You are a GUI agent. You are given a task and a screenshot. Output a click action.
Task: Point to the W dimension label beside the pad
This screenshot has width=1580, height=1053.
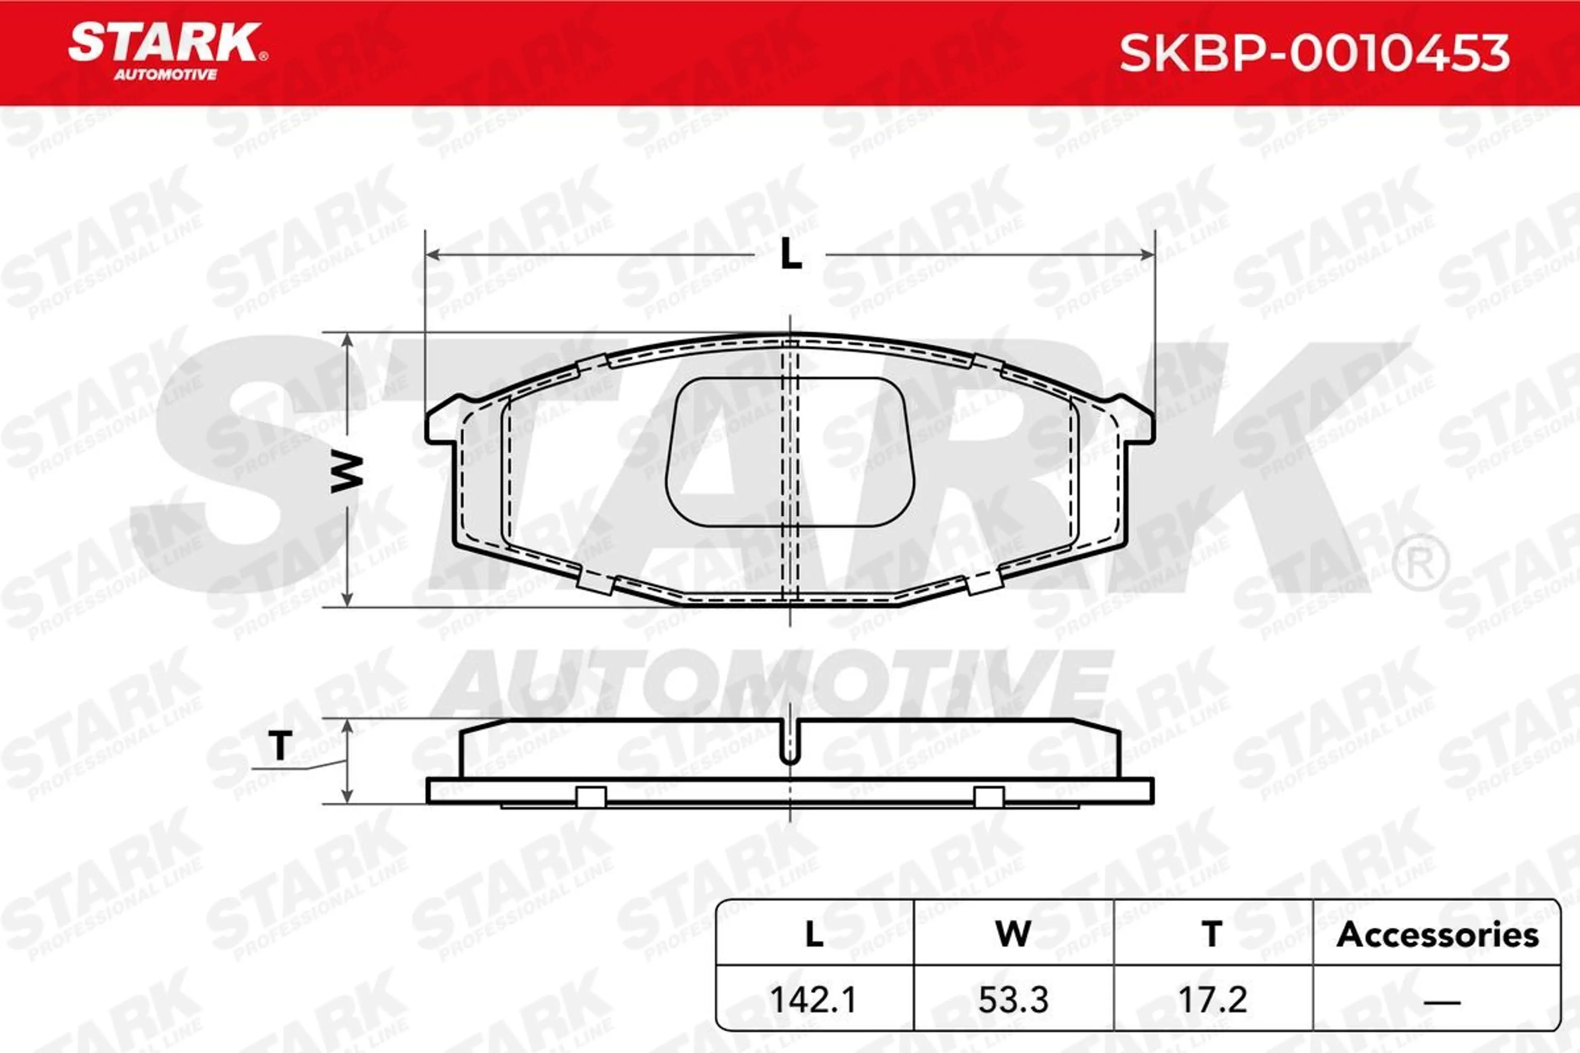pyautogui.click(x=347, y=473)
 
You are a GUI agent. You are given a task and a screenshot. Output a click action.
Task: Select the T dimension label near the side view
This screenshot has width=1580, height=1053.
pyautogui.click(x=280, y=745)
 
